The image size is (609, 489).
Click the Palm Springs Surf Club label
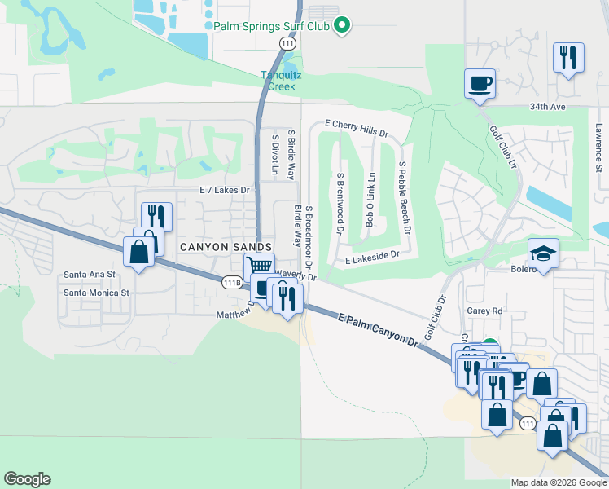272,26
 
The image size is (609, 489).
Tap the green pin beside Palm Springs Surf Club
343,26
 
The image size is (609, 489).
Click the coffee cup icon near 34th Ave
480,83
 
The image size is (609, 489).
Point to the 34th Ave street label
569,107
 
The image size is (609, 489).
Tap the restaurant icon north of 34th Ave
567,58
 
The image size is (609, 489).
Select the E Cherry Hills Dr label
357,128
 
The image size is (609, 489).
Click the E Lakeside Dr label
371,258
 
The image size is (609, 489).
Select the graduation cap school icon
543,253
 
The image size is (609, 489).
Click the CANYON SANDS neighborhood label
215,247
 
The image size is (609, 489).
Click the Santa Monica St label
97,293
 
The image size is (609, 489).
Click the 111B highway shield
233,282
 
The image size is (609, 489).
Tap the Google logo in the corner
27,479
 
